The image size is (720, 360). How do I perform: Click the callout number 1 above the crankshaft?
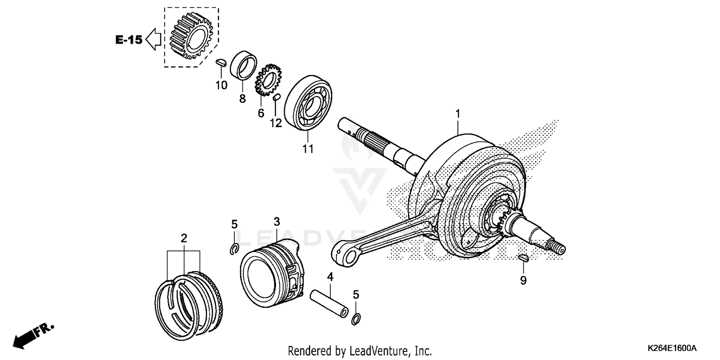tap(457, 114)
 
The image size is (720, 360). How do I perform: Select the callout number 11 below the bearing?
tap(308, 149)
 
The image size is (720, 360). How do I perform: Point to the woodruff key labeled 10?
tap(221, 62)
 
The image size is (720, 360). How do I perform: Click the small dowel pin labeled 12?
tap(276, 98)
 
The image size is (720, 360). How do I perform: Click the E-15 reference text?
tap(129, 40)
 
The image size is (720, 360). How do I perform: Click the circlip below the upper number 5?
tap(234, 249)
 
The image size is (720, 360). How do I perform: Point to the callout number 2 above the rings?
tap(184, 239)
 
